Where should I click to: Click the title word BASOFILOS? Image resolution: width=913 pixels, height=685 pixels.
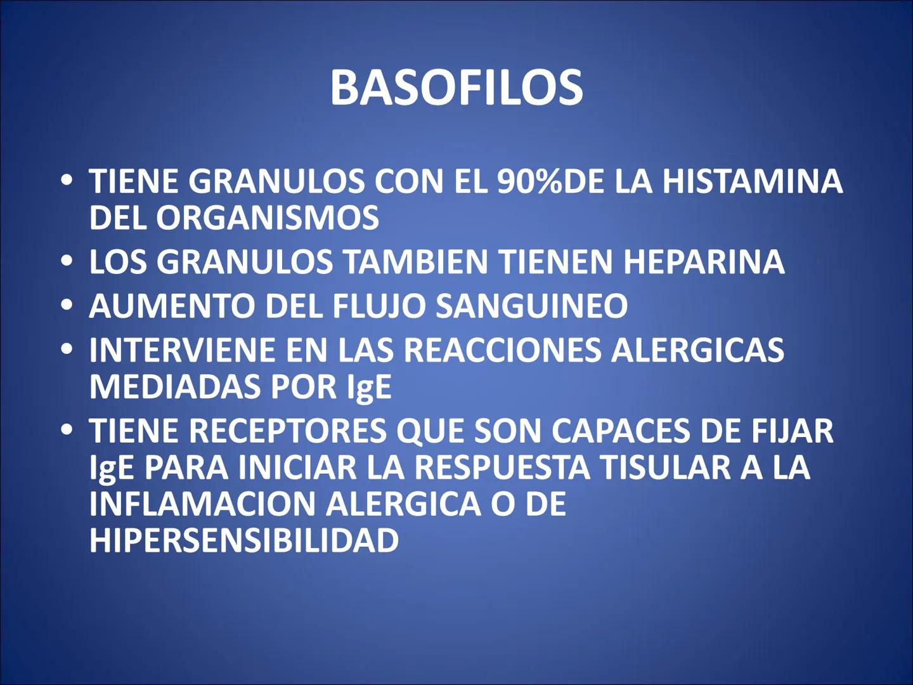click(x=456, y=88)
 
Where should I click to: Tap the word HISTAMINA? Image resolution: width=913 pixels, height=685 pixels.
click(x=753, y=181)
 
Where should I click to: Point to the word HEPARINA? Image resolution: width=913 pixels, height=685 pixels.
click(x=704, y=262)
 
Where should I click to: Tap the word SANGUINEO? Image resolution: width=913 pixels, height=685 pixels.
click(x=531, y=306)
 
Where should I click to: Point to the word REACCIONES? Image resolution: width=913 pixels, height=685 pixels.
click(x=502, y=350)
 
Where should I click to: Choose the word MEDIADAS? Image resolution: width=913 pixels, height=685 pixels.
click(x=175, y=387)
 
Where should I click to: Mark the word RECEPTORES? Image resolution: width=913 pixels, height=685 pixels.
click(x=287, y=431)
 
